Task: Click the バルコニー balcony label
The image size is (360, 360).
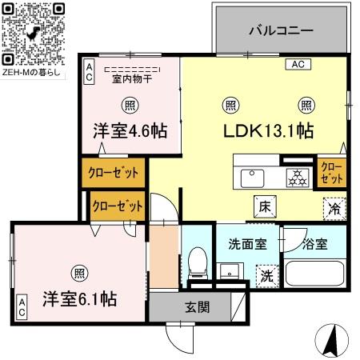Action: pos(279,30)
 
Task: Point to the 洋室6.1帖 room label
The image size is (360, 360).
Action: pos(81,298)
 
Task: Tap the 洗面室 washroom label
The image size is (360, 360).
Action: pos(247,244)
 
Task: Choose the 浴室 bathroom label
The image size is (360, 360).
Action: pos(314,244)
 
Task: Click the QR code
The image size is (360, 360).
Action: pos(31,31)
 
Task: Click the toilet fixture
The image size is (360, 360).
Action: pos(198,261)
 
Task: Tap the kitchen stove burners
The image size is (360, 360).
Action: pos(298,177)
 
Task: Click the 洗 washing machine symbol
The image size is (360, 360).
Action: pos(265,274)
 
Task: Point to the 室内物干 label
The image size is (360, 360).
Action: pos(132,79)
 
